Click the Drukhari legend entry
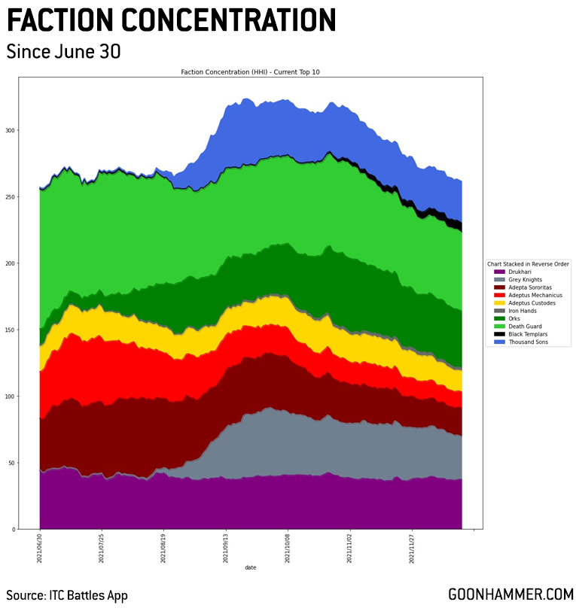click(519, 272)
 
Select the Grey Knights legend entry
click(524, 279)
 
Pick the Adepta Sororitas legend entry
click(528, 287)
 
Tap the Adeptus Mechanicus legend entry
click(531, 295)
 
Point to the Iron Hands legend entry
click(521, 311)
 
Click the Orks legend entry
click(514, 318)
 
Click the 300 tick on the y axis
click(9, 130)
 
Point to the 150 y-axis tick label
click(9, 330)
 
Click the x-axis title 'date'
click(250, 567)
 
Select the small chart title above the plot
click(251, 72)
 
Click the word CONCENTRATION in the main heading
click(230, 20)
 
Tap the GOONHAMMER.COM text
click(510, 594)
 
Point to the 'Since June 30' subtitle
click(63, 52)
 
